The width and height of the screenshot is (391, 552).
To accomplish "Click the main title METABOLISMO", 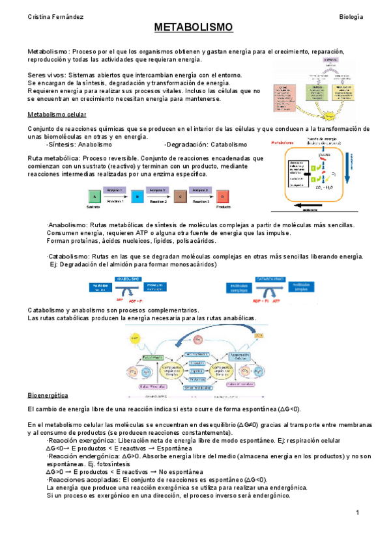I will point(193,28).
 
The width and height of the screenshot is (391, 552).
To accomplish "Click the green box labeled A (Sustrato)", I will point(95,196).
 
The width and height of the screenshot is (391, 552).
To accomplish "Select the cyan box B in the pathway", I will point(137,196).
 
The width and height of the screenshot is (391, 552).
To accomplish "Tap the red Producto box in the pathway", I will point(222,196).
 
